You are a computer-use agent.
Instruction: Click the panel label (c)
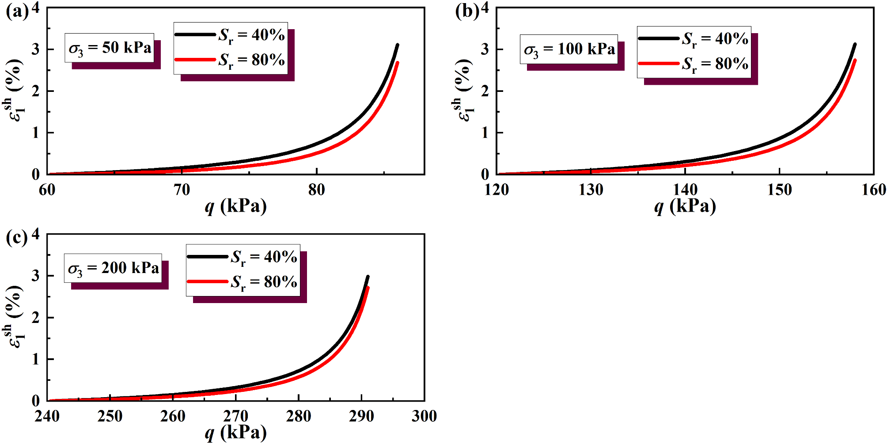click(x=17, y=238)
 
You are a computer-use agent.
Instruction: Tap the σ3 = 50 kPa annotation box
click(x=110, y=48)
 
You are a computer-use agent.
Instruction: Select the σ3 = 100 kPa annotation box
click(x=569, y=49)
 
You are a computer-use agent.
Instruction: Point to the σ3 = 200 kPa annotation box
click(x=113, y=268)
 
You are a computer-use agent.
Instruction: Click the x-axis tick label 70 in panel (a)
click(x=182, y=190)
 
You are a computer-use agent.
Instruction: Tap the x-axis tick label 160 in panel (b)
click(x=873, y=190)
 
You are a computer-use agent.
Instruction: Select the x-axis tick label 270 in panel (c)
click(x=235, y=417)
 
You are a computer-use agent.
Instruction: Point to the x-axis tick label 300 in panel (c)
click(x=424, y=417)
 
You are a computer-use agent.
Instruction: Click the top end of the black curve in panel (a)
click(x=398, y=45)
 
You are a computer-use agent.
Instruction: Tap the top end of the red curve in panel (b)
click(x=855, y=61)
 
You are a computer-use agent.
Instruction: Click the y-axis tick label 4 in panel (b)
click(x=485, y=8)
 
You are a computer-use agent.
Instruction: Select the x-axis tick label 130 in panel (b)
click(x=591, y=190)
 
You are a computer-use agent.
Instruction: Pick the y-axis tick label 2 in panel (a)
click(x=36, y=91)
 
